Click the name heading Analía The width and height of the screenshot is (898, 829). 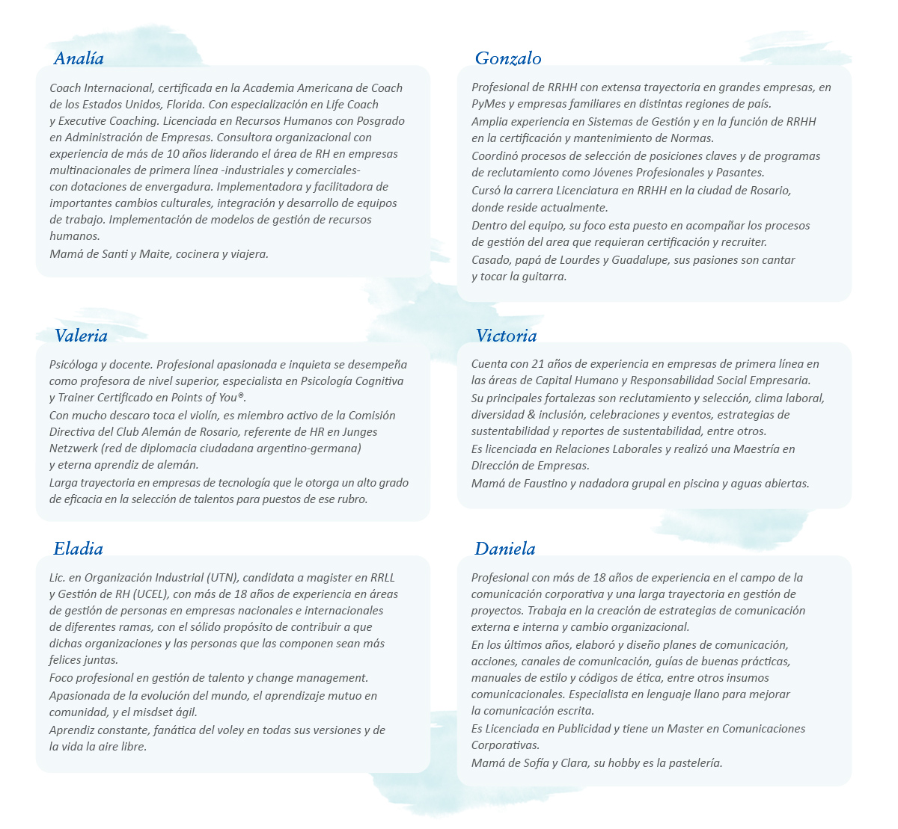79,58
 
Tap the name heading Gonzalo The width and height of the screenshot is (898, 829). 508,58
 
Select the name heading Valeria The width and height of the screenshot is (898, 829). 81,336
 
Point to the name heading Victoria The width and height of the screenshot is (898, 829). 506,336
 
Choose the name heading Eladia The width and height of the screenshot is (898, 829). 78,549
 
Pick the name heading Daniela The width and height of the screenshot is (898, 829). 505,549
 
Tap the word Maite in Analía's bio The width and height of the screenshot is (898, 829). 155,254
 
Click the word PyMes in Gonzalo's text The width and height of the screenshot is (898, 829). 487,104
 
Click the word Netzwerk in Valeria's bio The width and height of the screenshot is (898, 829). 73,449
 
